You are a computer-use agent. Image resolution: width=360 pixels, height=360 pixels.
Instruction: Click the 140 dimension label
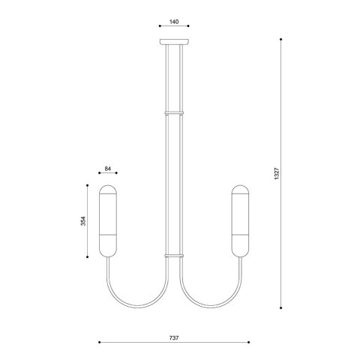point(174,22)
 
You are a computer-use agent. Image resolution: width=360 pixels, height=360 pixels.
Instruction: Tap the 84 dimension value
point(107,169)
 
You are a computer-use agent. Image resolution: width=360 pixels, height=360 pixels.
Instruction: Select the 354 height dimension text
point(83,221)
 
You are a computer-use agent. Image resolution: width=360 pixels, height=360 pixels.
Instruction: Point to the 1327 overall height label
point(277,173)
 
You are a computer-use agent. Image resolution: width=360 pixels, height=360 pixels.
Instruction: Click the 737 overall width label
point(174,338)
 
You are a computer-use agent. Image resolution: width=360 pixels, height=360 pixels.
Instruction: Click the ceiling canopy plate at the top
point(174,42)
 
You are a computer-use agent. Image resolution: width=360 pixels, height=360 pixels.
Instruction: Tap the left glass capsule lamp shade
point(108,221)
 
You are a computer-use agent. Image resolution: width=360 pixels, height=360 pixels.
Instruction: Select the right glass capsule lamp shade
point(240,221)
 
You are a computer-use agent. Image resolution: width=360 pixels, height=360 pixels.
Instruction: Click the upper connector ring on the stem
point(174,112)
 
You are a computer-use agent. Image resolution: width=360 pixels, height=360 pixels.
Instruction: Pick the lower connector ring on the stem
point(174,256)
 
